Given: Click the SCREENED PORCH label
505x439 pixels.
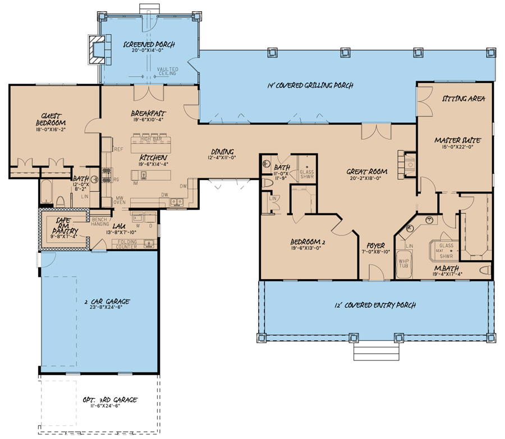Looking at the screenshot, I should click(x=149, y=44).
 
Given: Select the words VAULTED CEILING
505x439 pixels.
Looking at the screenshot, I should click(x=167, y=71).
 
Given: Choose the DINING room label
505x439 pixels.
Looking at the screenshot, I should click(x=222, y=151).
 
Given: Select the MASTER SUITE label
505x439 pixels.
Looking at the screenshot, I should click(x=454, y=139).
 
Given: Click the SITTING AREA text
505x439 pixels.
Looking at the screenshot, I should click(x=463, y=98).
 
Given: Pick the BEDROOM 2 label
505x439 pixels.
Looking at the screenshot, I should click(x=306, y=242).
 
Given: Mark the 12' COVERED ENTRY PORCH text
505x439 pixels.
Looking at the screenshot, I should click(x=374, y=306).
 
